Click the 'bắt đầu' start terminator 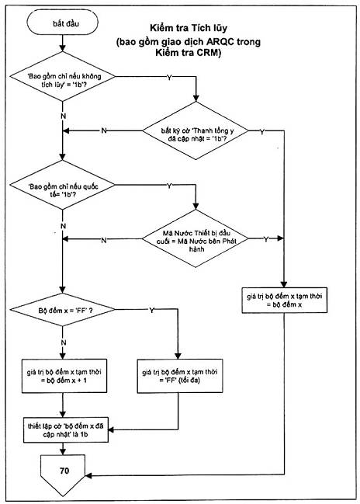click(x=62, y=23)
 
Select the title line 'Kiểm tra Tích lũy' click(x=189, y=28)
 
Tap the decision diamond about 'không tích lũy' click(x=63, y=77)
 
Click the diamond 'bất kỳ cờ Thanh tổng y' click(x=196, y=130)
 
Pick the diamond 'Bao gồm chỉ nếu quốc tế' click(x=63, y=185)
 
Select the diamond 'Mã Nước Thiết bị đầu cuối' click(x=196, y=238)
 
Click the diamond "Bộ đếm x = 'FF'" click(x=63, y=310)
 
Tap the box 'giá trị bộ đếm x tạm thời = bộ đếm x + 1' click(x=64, y=376)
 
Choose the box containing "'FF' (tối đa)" click(x=180, y=376)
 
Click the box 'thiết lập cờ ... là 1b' click(x=66, y=430)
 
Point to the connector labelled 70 click(x=63, y=474)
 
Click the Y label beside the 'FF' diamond click(x=151, y=310)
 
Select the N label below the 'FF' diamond click(x=64, y=342)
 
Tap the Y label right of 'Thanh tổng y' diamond click(x=262, y=132)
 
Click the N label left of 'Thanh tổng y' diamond click(x=104, y=130)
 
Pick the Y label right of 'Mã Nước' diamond click(x=266, y=239)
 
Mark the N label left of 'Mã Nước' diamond click(x=104, y=240)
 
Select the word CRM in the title click(x=207, y=52)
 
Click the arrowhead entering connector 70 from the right click(x=88, y=475)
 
